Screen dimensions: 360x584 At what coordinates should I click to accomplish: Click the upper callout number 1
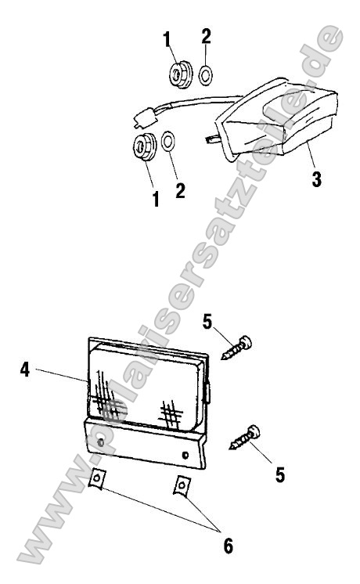click(167, 39)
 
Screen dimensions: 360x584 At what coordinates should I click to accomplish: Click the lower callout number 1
click(156, 200)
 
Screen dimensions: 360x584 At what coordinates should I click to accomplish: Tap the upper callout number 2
click(206, 36)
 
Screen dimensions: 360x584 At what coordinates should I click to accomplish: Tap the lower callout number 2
click(180, 190)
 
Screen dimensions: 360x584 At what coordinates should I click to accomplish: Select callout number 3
click(316, 179)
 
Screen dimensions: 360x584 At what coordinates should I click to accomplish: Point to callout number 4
click(24, 370)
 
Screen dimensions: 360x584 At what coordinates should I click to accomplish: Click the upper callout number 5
click(207, 322)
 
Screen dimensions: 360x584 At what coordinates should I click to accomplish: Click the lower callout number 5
click(280, 475)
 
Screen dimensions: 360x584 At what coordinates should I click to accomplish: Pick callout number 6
click(229, 546)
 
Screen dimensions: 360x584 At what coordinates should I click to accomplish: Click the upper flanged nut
click(181, 74)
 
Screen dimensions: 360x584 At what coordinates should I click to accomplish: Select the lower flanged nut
click(146, 146)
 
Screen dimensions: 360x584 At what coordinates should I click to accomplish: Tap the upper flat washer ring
click(206, 75)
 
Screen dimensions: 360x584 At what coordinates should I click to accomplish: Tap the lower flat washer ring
click(168, 142)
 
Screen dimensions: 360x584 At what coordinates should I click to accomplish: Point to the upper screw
click(237, 348)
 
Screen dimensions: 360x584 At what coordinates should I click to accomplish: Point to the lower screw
click(245, 438)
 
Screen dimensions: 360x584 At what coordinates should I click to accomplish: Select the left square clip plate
click(97, 478)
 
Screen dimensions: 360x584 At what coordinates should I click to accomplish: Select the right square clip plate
click(182, 485)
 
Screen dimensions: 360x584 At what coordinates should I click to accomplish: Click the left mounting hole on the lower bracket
click(100, 443)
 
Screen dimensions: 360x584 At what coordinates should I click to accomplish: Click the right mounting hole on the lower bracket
click(185, 455)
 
